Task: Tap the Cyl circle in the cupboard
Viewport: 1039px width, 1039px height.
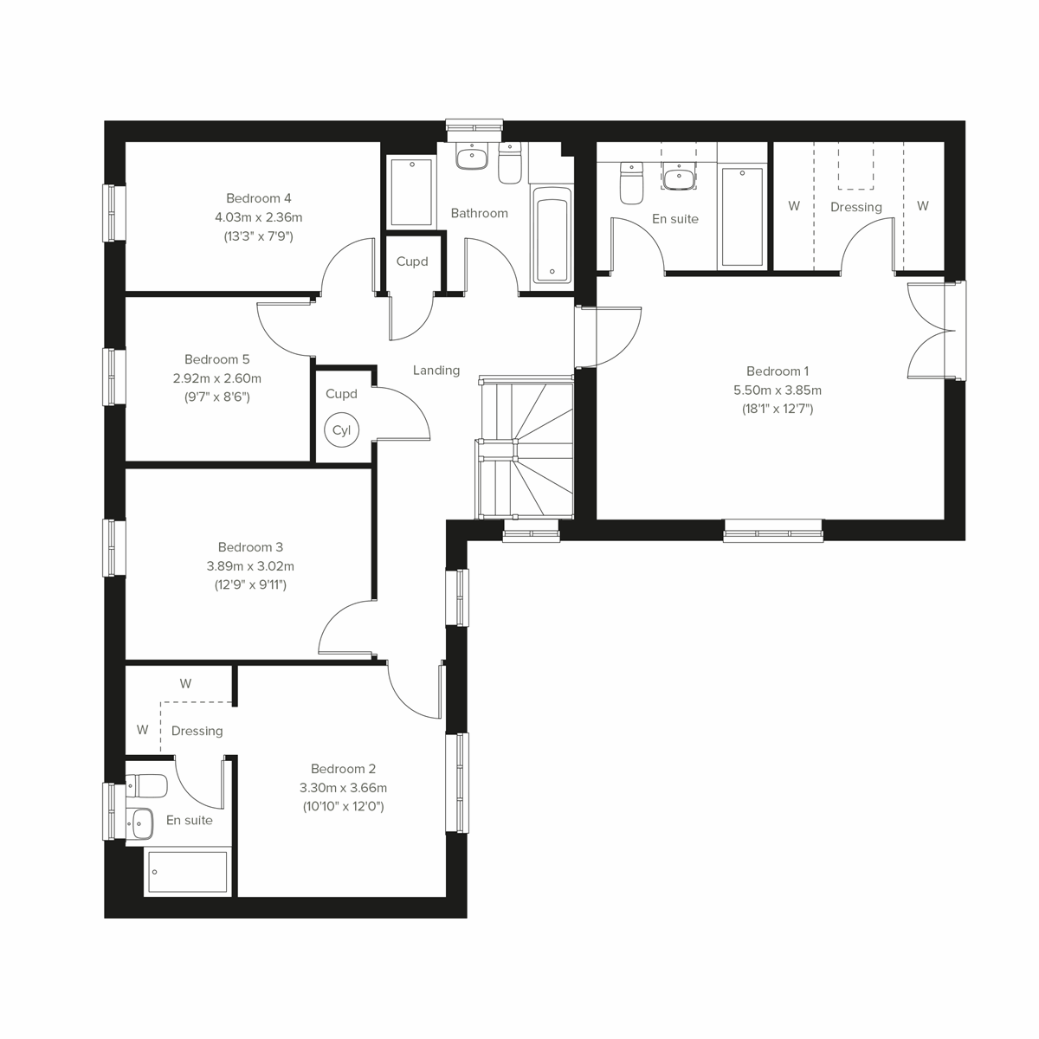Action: pyautogui.click(x=341, y=430)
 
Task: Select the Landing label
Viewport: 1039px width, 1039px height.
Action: pyautogui.click(x=436, y=371)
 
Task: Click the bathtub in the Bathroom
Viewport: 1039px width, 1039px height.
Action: pyautogui.click(x=552, y=235)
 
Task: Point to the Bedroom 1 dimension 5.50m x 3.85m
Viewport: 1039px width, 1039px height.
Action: pyautogui.click(x=777, y=390)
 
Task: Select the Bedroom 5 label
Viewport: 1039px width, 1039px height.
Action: pyautogui.click(x=216, y=359)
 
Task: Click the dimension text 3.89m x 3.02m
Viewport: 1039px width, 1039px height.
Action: pyautogui.click(x=250, y=566)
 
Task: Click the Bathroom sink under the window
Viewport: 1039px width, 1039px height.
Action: pyautogui.click(x=473, y=158)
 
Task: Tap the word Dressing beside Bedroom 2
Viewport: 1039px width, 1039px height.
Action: pyautogui.click(x=197, y=731)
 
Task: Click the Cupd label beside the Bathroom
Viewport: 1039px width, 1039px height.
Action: pyautogui.click(x=411, y=261)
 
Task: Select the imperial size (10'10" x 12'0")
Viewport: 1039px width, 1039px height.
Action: pyautogui.click(x=343, y=806)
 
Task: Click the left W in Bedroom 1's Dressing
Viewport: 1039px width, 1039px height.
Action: pyautogui.click(x=794, y=206)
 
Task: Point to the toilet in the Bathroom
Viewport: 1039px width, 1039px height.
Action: pyautogui.click(x=510, y=165)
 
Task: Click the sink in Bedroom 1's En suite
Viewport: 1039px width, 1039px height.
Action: pyautogui.click(x=679, y=178)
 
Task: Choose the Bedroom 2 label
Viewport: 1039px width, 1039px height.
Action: pyautogui.click(x=343, y=769)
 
